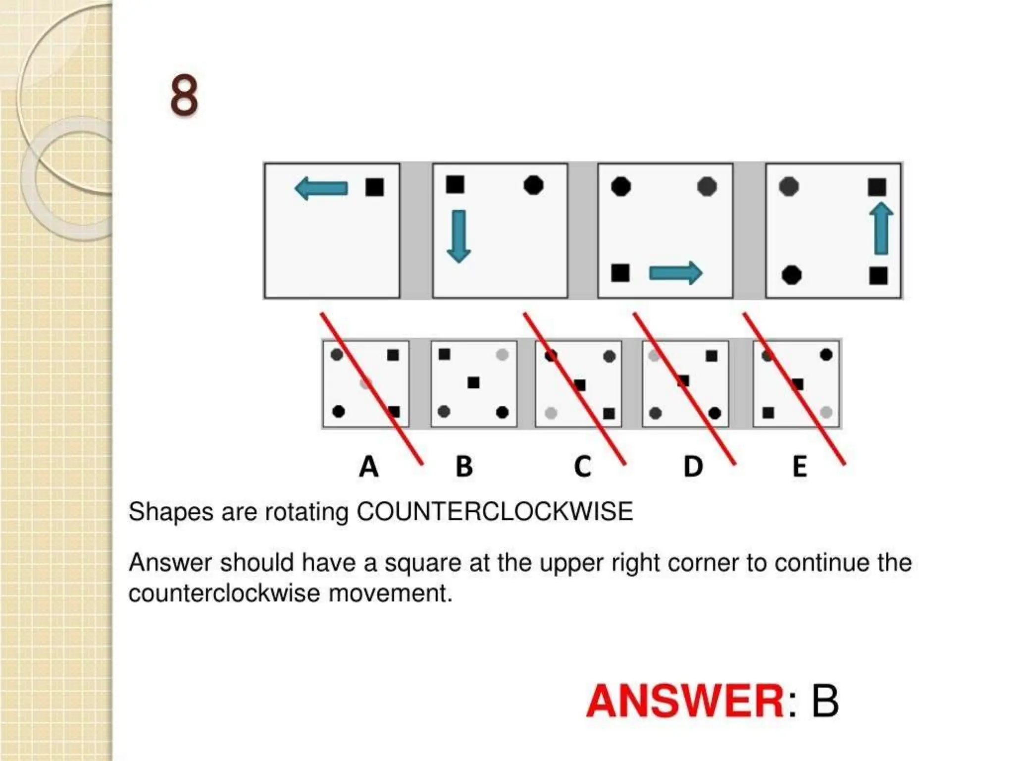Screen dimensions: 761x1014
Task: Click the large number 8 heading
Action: tap(184, 95)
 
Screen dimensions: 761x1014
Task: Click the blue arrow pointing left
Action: tap(321, 189)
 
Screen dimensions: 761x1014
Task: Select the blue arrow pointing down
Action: tap(458, 236)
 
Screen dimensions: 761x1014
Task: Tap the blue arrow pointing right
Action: tap(675, 273)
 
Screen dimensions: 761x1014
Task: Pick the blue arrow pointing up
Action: tap(881, 228)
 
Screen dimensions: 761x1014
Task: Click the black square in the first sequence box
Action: tap(374, 187)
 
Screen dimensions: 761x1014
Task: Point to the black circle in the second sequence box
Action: tap(533, 185)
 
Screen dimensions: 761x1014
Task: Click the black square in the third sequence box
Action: tap(620, 272)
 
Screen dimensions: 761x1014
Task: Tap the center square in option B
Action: tap(473, 382)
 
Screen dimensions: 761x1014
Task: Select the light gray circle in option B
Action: tap(502, 355)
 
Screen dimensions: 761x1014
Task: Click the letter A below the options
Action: tap(368, 467)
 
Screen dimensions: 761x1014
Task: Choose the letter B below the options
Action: tap(464, 467)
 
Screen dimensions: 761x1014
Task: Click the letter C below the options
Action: tap(582, 467)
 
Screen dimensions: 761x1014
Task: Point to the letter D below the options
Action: tap(693, 467)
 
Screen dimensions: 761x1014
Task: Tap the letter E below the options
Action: tap(800, 467)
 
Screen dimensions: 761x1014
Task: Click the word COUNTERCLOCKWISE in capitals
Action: tap(495, 511)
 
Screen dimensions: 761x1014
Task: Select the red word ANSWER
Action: tap(685, 701)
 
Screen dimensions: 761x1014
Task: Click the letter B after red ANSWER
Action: tap(824, 701)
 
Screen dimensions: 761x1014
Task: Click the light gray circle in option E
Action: tap(825, 412)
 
